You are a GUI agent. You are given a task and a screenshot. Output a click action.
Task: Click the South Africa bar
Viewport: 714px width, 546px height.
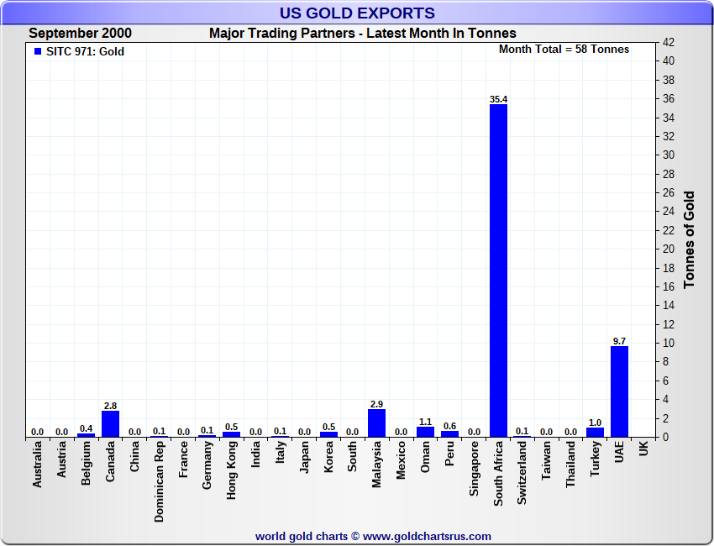(x=498, y=269)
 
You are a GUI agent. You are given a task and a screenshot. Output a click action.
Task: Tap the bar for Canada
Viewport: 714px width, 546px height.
(x=110, y=423)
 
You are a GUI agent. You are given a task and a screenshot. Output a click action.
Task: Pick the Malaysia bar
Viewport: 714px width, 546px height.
(x=376, y=423)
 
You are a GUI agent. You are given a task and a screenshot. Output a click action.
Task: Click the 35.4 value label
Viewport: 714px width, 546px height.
(x=498, y=99)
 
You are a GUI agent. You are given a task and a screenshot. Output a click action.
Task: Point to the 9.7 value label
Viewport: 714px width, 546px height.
(x=619, y=341)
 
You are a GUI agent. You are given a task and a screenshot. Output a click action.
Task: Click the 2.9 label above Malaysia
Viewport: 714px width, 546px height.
(x=376, y=404)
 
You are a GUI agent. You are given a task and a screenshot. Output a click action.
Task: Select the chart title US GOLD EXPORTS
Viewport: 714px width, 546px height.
(x=357, y=13)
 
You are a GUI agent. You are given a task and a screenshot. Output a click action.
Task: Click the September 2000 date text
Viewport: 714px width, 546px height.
(x=80, y=34)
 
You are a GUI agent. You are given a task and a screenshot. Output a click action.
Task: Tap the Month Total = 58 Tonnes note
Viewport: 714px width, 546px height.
(x=564, y=50)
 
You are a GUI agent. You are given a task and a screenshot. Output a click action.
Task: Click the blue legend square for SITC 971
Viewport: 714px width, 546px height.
(x=37, y=52)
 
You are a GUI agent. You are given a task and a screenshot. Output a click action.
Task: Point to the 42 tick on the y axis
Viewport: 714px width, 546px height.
(x=668, y=42)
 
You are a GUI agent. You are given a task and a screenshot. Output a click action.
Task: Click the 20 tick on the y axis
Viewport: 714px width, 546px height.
(x=668, y=249)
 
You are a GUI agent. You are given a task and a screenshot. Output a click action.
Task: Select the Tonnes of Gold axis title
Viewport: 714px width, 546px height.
(x=690, y=239)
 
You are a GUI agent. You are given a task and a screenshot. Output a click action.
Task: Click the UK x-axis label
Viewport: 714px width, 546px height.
(x=643, y=449)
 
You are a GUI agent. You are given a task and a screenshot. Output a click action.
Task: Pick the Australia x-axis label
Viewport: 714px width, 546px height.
(x=37, y=465)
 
